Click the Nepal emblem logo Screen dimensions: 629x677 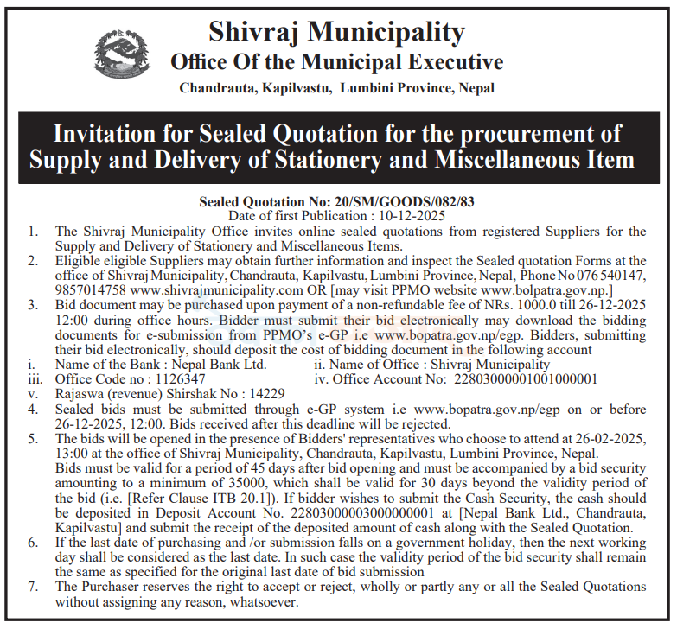(x=121, y=54)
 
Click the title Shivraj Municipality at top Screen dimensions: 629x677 (x=336, y=32)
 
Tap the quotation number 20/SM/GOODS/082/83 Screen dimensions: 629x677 (x=380, y=201)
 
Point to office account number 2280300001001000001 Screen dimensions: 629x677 (x=526, y=378)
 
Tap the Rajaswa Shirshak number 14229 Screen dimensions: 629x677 (x=260, y=393)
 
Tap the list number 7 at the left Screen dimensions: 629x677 (x=33, y=586)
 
